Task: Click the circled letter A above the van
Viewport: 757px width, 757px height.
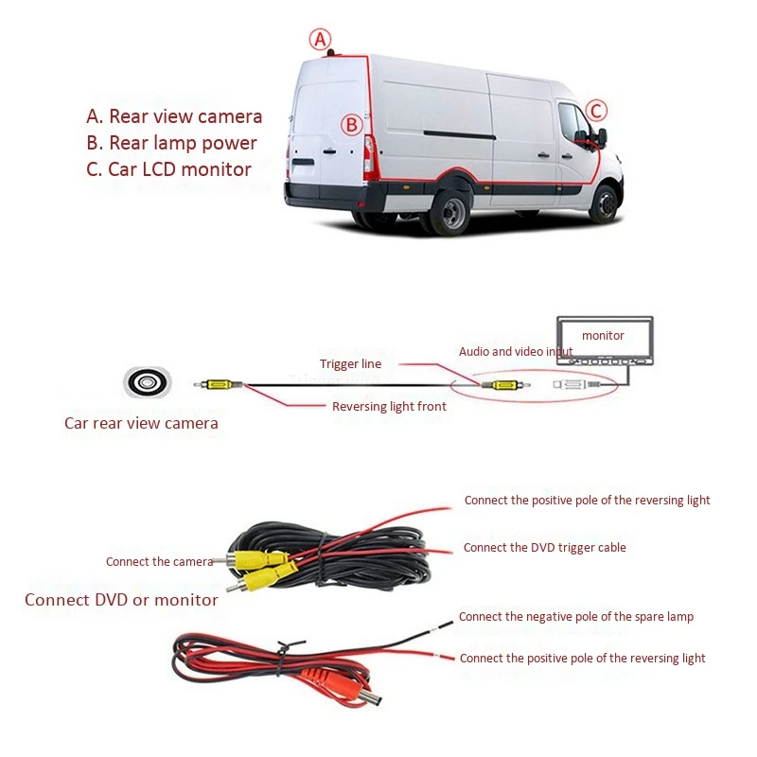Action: click(321, 40)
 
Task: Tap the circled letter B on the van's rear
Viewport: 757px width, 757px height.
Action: click(351, 124)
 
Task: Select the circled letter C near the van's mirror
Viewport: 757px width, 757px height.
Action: click(596, 112)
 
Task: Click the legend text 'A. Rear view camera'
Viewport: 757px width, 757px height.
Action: click(174, 116)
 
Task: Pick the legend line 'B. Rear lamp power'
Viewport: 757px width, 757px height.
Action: click(171, 143)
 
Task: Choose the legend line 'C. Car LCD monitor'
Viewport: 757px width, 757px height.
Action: click(168, 169)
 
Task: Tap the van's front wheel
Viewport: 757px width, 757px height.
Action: click(604, 202)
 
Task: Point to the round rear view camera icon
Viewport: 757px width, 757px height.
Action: click(148, 382)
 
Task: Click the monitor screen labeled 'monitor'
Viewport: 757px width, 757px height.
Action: click(603, 336)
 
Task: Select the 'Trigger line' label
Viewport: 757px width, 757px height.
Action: click(349, 363)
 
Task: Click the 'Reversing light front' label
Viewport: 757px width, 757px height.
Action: click(389, 407)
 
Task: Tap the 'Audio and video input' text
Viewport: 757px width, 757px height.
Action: click(516, 351)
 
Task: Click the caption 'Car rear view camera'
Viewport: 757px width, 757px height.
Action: click(141, 423)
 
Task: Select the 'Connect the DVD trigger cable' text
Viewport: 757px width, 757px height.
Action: click(544, 547)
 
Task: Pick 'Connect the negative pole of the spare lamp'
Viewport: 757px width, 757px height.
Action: click(575, 616)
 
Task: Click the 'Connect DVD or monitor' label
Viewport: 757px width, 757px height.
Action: click(121, 600)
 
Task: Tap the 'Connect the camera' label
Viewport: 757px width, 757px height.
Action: click(159, 562)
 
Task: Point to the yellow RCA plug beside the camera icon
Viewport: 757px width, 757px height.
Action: click(220, 384)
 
